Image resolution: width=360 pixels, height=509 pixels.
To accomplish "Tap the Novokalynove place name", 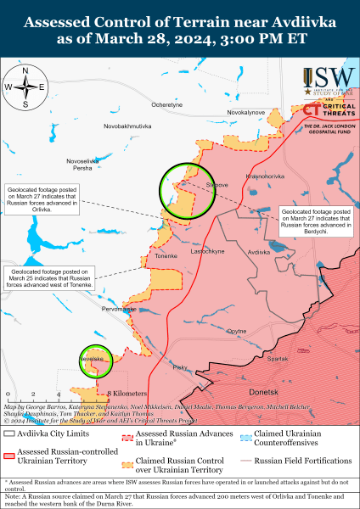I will coord(247,112).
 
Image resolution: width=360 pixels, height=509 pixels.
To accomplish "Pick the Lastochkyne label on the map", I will coord(207,252).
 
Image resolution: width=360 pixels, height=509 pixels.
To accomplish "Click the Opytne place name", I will coord(237,331).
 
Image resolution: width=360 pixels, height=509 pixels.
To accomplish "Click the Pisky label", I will coord(180,366).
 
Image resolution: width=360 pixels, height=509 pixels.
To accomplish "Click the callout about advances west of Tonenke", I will coord(50,279).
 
